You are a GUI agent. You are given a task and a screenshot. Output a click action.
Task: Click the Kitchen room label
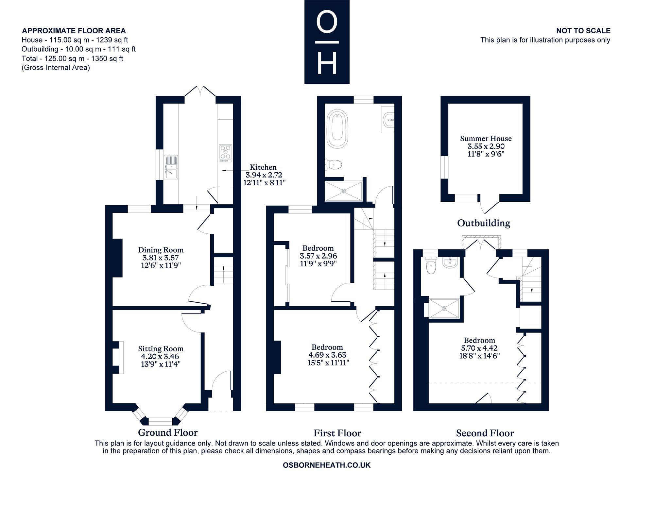point(263,167)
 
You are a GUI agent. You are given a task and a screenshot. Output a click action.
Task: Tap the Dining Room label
point(161,250)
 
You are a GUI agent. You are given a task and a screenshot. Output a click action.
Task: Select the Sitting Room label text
point(161,349)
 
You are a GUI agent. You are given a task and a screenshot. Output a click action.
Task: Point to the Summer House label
point(486,139)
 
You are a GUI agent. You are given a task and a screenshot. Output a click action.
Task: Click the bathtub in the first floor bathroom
point(338,129)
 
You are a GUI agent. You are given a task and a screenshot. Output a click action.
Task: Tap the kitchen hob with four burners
point(225,153)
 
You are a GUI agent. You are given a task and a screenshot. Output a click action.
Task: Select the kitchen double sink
point(171,167)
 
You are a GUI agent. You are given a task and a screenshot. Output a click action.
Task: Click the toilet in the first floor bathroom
point(334,164)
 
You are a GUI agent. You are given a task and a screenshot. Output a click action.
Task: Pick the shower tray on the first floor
point(343,191)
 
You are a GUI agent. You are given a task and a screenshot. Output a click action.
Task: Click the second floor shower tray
point(444,308)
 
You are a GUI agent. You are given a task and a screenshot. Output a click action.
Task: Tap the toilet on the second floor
point(431,265)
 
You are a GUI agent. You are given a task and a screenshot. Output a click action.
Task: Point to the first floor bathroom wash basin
point(388,120)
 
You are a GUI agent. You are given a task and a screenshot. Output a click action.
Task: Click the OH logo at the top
point(327,42)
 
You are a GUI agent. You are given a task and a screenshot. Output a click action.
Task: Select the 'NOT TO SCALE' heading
point(583,31)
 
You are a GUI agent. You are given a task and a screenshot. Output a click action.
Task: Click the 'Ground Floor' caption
point(168,432)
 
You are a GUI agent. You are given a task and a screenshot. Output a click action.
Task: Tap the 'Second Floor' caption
point(485,433)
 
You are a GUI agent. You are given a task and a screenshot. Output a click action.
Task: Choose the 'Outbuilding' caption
point(484,223)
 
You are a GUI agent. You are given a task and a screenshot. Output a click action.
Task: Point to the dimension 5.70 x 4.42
point(479,348)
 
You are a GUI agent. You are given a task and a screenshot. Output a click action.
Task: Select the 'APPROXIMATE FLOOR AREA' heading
point(74,31)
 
